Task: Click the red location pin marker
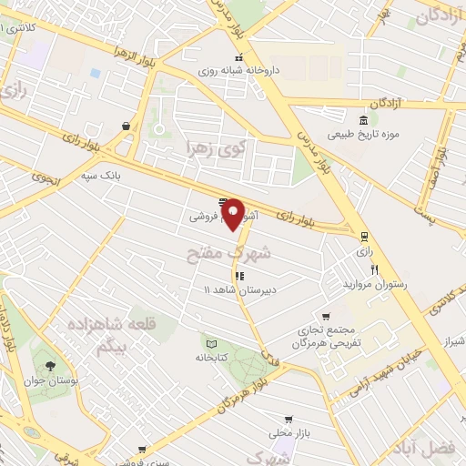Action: point(234,213)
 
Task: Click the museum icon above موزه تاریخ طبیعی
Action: point(363,121)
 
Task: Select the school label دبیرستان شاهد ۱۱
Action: point(236,289)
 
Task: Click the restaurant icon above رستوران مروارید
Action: point(374,269)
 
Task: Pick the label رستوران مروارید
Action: point(374,285)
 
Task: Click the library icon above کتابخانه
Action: point(211,345)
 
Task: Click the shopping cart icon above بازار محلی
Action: point(289,420)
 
